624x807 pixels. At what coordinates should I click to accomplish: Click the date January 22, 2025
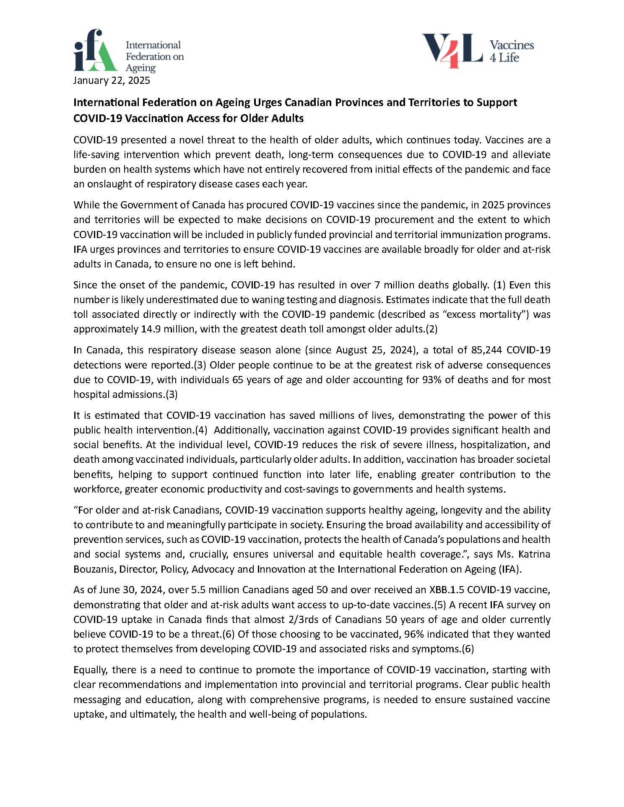pyautogui.click(x=112, y=80)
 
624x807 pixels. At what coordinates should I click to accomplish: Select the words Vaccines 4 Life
pyautogui.click(x=511, y=51)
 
